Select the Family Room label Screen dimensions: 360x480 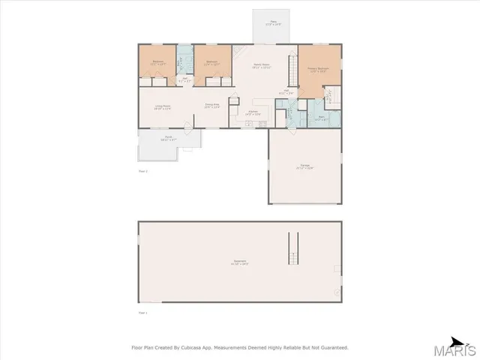pyautogui.click(x=260, y=66)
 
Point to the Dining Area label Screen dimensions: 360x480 pyautogui.click(x=212, y=106)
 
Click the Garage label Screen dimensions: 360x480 pyautogui.click(x=304, y=168)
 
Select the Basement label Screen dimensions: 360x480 pyautogui.click(x=240, y=262)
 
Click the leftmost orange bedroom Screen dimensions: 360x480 pyautogui.click(x=157, y=62)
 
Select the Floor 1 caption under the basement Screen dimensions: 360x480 pyautogui.click(x=143, y=312)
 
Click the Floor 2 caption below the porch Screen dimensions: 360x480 pyautogui.click(x=143, y=172)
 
